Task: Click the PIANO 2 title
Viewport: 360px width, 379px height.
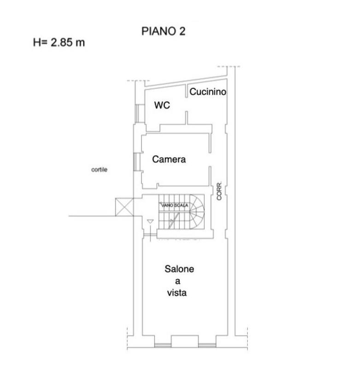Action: click(163, 31)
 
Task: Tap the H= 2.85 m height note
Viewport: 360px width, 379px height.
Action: click(59, 42)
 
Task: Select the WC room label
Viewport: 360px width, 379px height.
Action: click(162, 105)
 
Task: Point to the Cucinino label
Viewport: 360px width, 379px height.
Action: click(208, 92)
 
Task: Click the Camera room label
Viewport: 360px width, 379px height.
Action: click(169, 159)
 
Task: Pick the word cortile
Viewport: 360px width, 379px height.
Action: click(99, 169)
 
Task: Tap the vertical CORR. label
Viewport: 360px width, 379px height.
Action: click(219, 191)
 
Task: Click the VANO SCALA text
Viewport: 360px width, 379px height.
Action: click(174, 205)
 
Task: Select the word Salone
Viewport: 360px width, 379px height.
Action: click(179, 269)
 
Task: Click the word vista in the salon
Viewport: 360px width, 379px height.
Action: click(177, 293)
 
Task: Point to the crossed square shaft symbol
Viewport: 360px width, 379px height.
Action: click(124, 207)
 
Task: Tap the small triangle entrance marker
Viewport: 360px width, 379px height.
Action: click(150, 222)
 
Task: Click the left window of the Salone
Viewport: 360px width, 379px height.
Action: click(163, 345)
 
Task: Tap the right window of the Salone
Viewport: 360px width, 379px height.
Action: click(207, 345)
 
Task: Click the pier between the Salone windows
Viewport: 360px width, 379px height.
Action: click(185, 341)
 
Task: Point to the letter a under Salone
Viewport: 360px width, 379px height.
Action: click(178, 281)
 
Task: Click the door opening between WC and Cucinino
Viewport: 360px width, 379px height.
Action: click(186, 105)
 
